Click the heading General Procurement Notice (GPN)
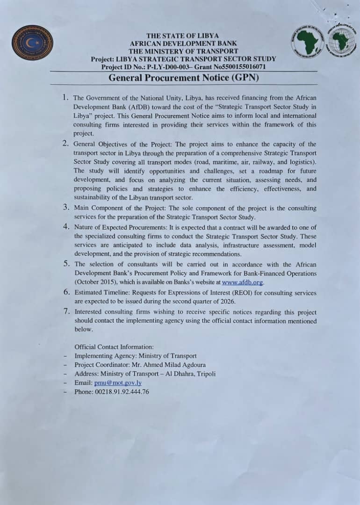pos(184,78)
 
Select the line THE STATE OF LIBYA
pos(182,36)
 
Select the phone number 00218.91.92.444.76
pos(122,392)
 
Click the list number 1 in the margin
pos(65,97)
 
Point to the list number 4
pos(66,227)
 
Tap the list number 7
pos(66,311)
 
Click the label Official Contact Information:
pos(114,346)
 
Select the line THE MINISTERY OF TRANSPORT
pos(183,51)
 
